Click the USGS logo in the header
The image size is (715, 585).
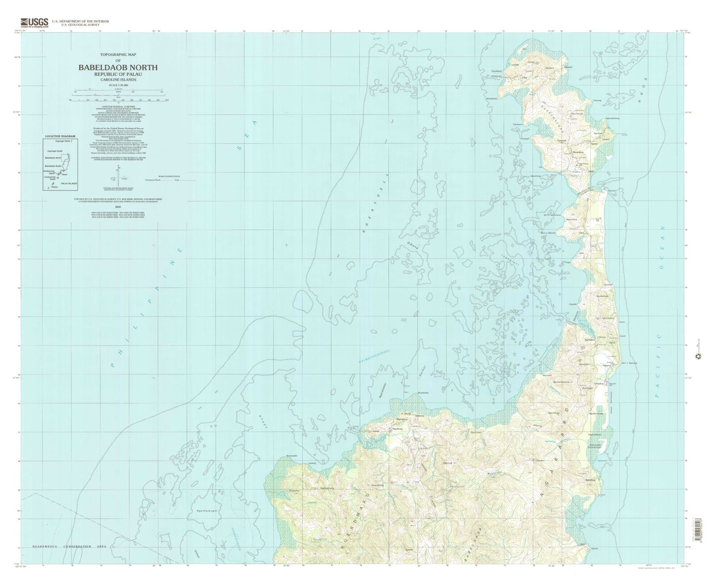pyautogui.click(x=34, y=22)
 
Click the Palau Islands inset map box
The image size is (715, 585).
pyautogui.click(x=60, y=165)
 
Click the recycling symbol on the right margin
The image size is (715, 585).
pyautogui.click(x=699, y=356)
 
